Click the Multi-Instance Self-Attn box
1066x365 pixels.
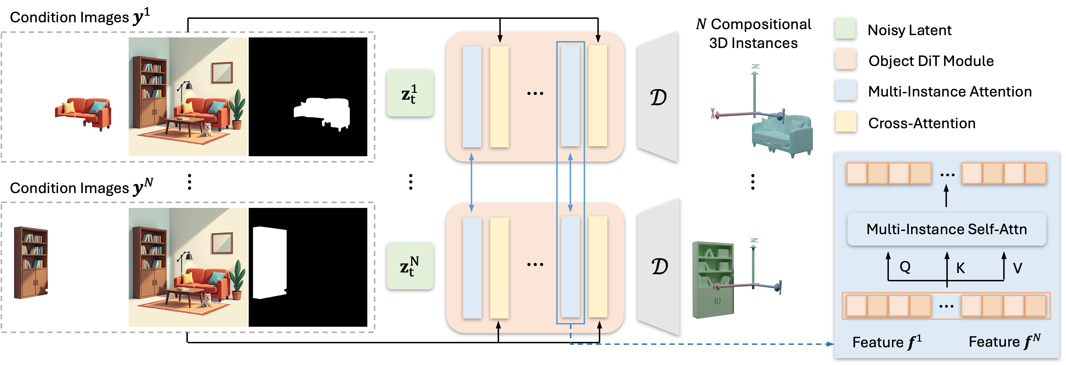click(947, 229)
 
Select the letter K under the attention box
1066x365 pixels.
click(960, 268)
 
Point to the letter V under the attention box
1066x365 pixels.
click(1017, 268)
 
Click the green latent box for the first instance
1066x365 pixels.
click(410, 93)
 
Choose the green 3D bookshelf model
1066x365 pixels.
click(712, 279)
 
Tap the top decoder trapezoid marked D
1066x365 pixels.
click(658, 97)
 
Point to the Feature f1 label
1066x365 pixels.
click(887, 342)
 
